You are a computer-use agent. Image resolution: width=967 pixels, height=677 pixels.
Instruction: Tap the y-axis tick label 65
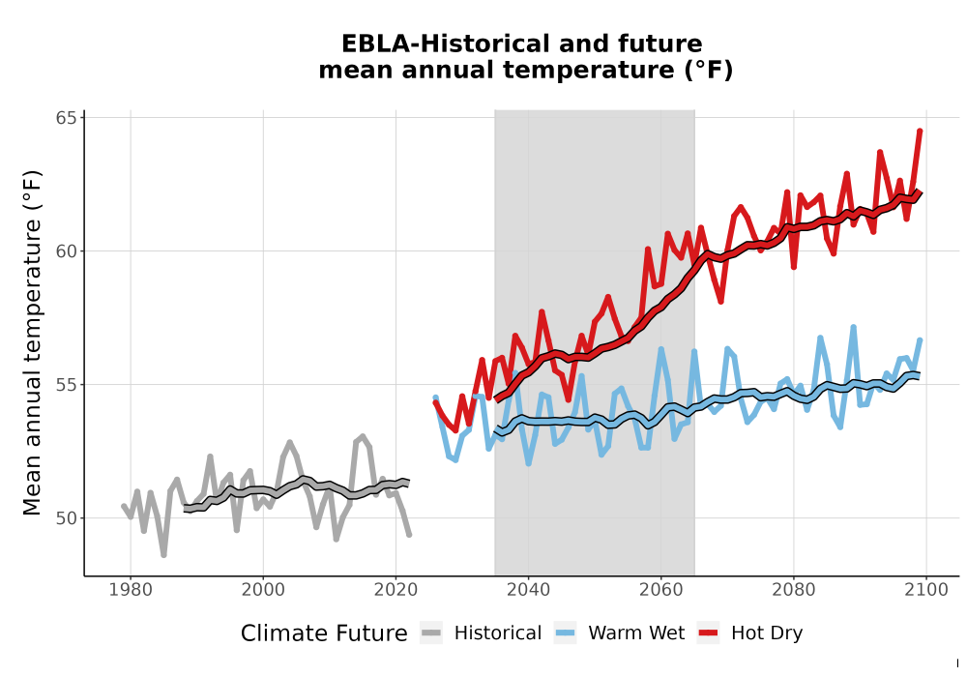point(67,118)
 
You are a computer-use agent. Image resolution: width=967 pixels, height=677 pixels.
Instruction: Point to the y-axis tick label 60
point(67,251)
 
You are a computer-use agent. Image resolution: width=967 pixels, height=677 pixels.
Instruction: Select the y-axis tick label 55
point(67,385)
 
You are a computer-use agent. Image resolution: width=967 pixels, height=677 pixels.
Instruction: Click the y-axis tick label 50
point(67,518)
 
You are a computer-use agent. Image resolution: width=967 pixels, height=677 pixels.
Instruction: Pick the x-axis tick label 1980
point(131,590)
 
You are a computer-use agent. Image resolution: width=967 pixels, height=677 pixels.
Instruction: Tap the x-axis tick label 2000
point(263,590)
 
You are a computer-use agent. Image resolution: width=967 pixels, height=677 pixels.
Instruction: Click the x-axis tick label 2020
point(396,590)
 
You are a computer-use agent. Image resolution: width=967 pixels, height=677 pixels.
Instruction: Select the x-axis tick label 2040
point(529,590)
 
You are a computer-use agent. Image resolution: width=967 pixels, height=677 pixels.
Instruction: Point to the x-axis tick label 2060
point(661,590)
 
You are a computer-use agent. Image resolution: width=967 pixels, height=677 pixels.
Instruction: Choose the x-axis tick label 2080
point(794,590)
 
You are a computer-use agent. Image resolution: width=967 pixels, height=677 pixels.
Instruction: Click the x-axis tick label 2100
point(926,590)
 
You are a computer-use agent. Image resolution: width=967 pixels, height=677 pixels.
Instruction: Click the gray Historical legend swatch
point(431,633)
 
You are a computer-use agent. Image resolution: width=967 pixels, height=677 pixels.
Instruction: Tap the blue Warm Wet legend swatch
point(565,633)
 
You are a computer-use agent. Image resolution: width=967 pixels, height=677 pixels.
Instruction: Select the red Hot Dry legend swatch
point(708,633)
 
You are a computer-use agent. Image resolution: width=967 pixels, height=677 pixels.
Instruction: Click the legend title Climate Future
point(324,633)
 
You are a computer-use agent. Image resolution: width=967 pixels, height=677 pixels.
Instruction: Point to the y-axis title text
point(32,342)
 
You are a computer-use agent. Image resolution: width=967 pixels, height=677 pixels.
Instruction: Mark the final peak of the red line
point(921,131)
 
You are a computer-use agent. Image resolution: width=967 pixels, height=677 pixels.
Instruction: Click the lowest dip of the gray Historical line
point(163,555)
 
